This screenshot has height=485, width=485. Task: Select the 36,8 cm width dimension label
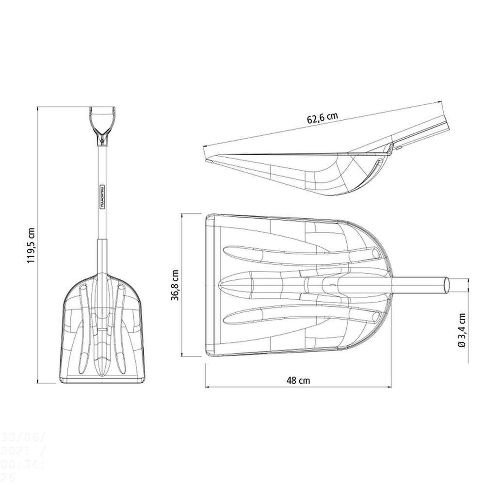pyautogui.click(x=175, y=286)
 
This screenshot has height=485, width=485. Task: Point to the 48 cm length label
pyautogui.click(x=298, y=380)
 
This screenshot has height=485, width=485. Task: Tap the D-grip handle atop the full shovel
pyautogui.click(x=103, y=119)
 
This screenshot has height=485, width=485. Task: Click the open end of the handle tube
pyautogui.click(x=446, y=285)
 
